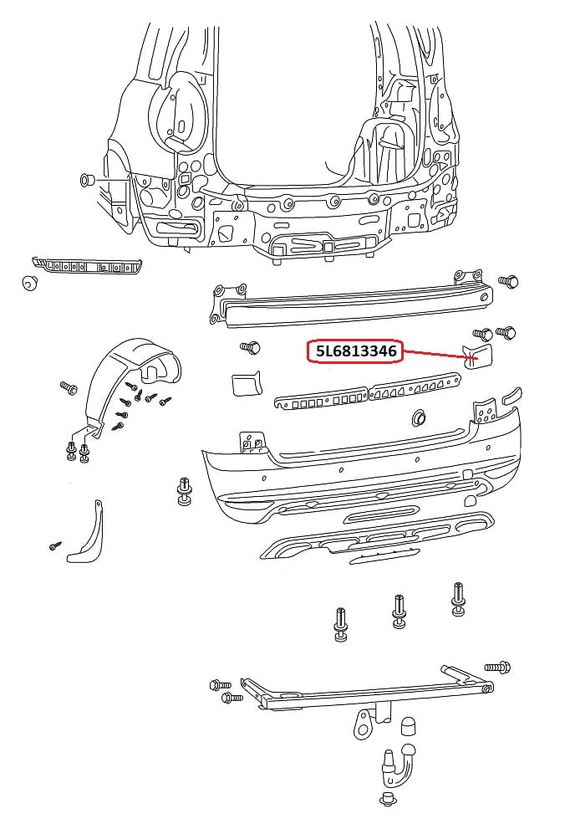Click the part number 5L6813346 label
355,352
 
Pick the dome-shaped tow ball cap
409,725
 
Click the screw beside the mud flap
55,546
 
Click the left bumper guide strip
88,268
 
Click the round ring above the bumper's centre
418,416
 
